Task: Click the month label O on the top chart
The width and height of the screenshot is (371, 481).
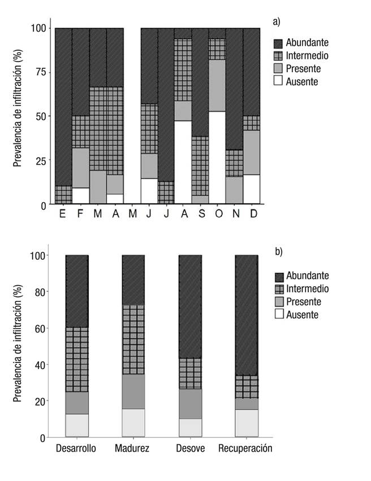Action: pyautogui.click(x=217, y=215)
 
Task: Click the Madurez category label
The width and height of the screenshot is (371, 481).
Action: pyautogui.click(x=132, y=449)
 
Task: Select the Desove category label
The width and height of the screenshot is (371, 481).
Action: pyautogui.click(x=191, y=449)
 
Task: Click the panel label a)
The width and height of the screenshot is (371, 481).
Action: pyautogui.click(x=276, y=22)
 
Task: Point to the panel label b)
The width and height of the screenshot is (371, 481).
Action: pyautogui.click(x=278, y=251)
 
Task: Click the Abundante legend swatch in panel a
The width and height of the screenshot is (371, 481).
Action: pyautogui.click(x=278, y=43)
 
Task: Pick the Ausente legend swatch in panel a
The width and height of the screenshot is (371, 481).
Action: pyautogui.click(x=278, y=81)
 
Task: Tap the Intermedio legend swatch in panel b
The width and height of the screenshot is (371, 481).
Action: pyautogui.click(x=278, y=288)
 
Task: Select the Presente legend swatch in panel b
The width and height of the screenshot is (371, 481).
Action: pyautogui.click(x=278, y=301)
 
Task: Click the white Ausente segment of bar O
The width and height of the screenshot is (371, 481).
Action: pyautogui.click(x=217, y=158)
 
